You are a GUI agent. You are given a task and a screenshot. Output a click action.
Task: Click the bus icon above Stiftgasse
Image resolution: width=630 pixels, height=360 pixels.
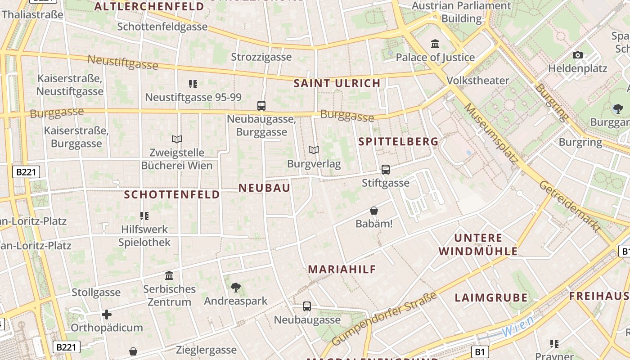coord(386,170)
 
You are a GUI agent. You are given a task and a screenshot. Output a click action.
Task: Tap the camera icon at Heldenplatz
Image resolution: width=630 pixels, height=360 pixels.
coord(578,55)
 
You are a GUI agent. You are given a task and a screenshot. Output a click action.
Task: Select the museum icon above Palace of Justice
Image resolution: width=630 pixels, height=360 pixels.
coord(435,44)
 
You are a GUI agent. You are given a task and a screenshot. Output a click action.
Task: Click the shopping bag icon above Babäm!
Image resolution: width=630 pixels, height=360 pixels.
coord(374,210)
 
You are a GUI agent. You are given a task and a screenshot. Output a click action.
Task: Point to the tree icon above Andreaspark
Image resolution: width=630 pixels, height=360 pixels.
coord(235,288)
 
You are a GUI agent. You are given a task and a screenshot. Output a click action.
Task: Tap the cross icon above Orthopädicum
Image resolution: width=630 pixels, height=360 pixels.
coord(107,315)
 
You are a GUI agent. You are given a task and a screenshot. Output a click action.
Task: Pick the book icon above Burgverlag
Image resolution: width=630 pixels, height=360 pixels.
coord(314,150)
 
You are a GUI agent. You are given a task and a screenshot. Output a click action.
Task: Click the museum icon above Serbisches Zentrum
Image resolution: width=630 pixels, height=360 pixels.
coord(169,275)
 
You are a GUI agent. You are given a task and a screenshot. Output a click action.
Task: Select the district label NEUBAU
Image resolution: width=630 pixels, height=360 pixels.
coord(265,188)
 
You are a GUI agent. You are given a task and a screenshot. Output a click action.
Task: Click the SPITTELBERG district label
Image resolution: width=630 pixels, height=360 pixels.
coord(398,142)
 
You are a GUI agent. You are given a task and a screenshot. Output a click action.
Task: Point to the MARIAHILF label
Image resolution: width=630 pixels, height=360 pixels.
coord(342,270)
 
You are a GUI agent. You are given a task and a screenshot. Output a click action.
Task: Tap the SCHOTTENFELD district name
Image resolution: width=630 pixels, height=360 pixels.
coord(172,194)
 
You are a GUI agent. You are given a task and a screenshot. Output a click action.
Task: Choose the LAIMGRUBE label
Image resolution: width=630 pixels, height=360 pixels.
coord(491,297)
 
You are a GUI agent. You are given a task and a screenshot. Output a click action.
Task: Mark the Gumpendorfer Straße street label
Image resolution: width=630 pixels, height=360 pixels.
coord(384,319)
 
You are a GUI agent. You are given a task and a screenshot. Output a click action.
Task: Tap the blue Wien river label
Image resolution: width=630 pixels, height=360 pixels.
coord(518,326)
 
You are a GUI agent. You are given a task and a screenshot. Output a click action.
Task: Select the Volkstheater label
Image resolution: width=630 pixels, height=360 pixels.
coord(478,81)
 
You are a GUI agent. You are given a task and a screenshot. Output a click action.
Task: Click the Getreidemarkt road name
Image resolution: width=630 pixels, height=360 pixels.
coord(570,207)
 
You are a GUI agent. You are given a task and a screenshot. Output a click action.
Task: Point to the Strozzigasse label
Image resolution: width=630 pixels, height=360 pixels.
coord(261,57)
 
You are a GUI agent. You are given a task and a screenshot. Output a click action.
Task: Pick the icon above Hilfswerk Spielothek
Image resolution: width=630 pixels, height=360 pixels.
coord(144,216)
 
